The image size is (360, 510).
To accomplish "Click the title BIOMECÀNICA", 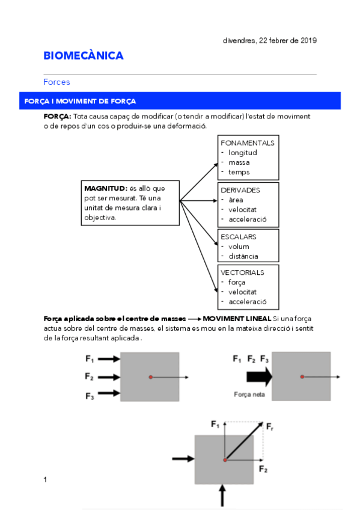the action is [x=84, y=56].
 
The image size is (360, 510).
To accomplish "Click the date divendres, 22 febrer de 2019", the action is [x=269, y=41].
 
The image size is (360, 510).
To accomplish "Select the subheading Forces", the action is [x=56, y=82].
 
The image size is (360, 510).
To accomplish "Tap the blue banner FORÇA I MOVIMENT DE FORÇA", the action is [x=80, y=101].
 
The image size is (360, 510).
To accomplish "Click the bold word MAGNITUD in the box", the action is [x=105, y=189].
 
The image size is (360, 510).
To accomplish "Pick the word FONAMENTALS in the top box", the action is [x=248, y=143].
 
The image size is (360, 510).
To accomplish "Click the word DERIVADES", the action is [x=240, y=190].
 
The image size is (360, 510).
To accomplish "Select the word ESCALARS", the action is [x=239, y=237].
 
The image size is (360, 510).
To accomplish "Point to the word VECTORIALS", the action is [x=242, y=272].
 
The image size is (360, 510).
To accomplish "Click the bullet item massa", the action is [x=239, y=162].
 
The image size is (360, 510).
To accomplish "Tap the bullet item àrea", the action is [x=236, y=200].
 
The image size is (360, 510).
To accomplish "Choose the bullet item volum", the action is [x=238, y=247].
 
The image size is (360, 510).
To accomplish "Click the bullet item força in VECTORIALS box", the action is [x=237, y=282].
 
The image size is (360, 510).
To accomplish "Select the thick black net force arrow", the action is [x=259, y=377].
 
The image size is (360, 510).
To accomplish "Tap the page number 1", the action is [x=45, y=479].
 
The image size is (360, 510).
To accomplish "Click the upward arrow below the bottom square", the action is [x=222, y=496].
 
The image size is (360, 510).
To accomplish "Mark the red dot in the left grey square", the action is [x=150, y=377].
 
